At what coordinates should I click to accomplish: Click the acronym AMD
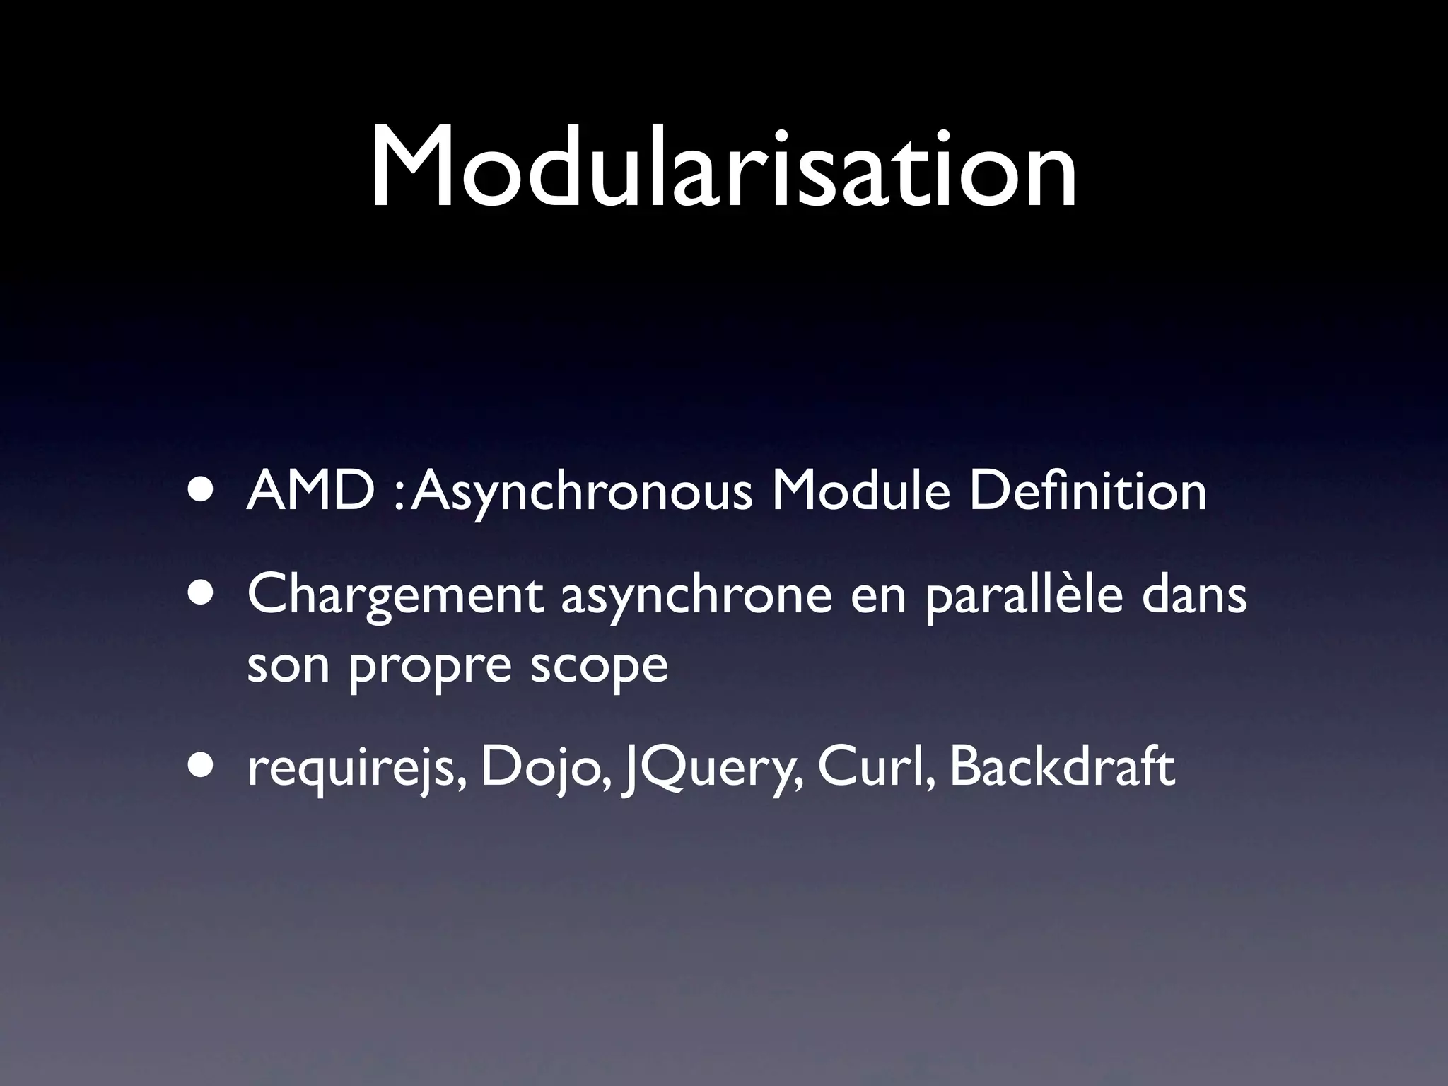[x=310, y=492]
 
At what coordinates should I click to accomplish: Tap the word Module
[x=860, y=492]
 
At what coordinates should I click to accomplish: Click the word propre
[x=429, y=667]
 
